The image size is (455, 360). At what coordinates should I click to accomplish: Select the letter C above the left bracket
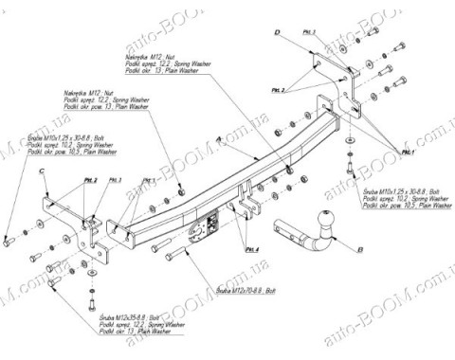(43, 171)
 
